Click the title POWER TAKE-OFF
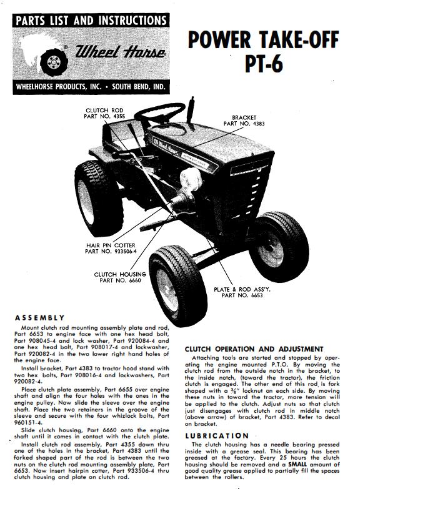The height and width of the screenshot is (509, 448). pos(263,41)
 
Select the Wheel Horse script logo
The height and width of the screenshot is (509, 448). pos(121,54)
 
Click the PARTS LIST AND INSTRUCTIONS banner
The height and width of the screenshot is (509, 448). pos(91,21)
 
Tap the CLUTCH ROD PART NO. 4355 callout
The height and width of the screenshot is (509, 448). pos(104,114)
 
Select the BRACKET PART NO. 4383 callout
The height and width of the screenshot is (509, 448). pos(244,121)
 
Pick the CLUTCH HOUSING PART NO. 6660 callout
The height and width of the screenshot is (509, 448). pos(120,277)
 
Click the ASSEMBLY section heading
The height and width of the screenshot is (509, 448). pos(39,318)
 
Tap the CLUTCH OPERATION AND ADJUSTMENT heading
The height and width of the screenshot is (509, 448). pos(254,348)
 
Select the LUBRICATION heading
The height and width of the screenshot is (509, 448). pos(217,436)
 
